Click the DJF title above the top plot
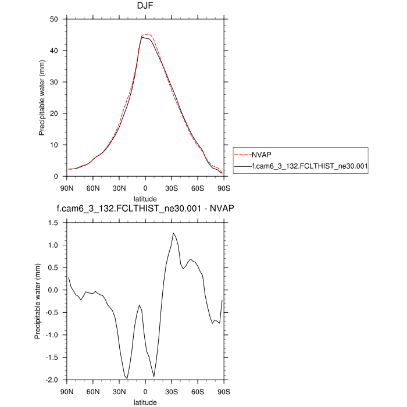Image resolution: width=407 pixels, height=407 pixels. coord(145,7)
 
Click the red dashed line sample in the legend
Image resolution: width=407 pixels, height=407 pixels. coord(242,156)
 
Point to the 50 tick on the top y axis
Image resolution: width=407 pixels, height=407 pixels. coord(59,19)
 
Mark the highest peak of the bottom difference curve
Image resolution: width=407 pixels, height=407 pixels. coord(173,233)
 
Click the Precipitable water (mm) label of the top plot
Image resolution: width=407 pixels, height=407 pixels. coord(42,98)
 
